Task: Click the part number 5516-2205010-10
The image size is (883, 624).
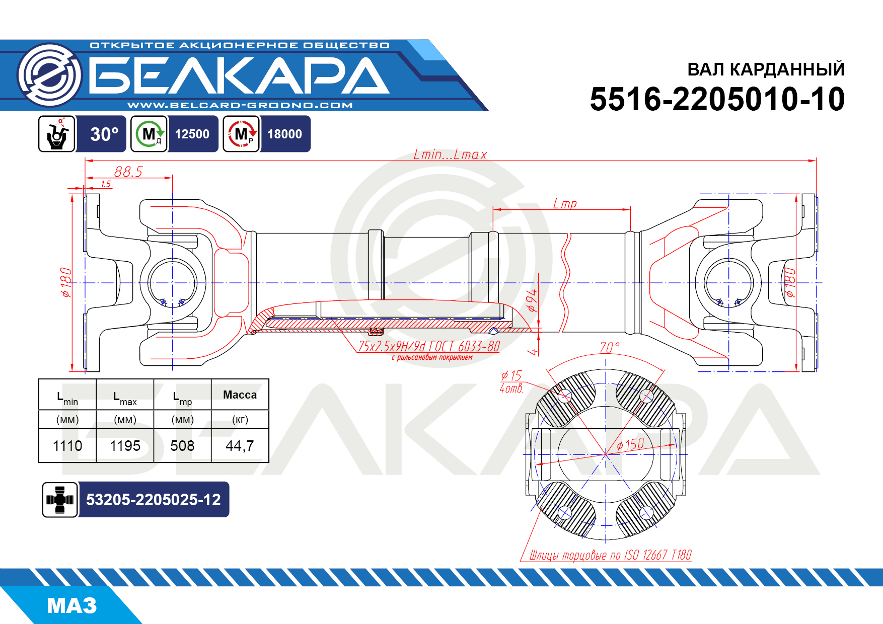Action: (x=717, y=99)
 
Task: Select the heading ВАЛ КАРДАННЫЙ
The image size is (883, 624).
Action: (x=766, y=69)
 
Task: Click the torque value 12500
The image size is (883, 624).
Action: (x=192, y=134)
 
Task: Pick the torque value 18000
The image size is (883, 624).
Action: (x=285, y=134)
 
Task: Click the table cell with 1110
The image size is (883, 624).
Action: (x=67, y=445)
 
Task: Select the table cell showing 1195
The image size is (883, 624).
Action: (x=125, y=445)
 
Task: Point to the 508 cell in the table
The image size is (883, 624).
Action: (x=182, y=445)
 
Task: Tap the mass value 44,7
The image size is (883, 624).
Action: (x=240, y=445)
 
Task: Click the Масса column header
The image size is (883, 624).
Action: (x=240, y=395)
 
